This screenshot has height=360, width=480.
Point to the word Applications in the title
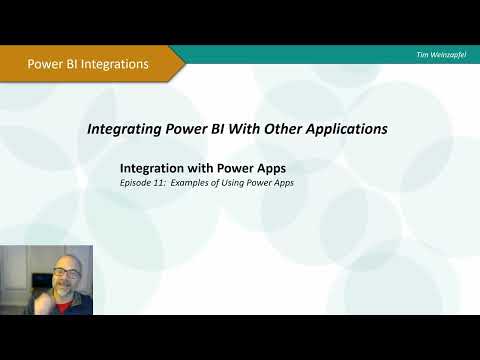(x=341, y=129)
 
